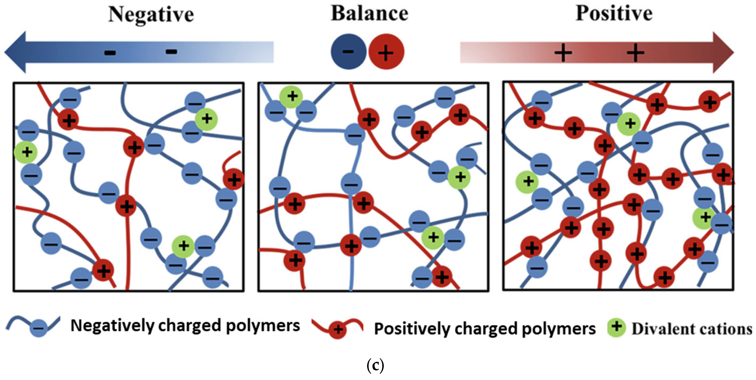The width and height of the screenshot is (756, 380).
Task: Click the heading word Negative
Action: (x=151, y=15)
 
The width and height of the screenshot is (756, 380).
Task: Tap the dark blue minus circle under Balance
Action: (x=348, y=52)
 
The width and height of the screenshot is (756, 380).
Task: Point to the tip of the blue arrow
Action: (x=5, y=52)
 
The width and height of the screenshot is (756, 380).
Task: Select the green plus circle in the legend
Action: (x=617, y=327)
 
